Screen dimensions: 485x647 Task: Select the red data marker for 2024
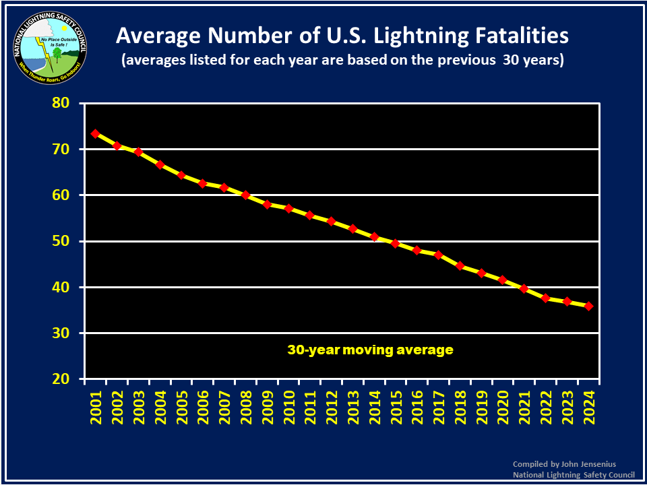(588, 306)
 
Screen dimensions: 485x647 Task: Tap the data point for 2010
(288, 209)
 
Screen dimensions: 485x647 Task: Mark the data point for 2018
(460, 266)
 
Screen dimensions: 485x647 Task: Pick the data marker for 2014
(374, 237)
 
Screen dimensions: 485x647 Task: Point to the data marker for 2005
(181, 175)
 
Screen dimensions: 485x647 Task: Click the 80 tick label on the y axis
(62, 104)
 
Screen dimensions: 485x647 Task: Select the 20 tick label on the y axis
(62, 379)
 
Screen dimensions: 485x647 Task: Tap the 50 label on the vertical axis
(62, 241)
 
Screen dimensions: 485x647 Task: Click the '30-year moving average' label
(370, 350)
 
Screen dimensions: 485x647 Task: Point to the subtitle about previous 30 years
(342, 60)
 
